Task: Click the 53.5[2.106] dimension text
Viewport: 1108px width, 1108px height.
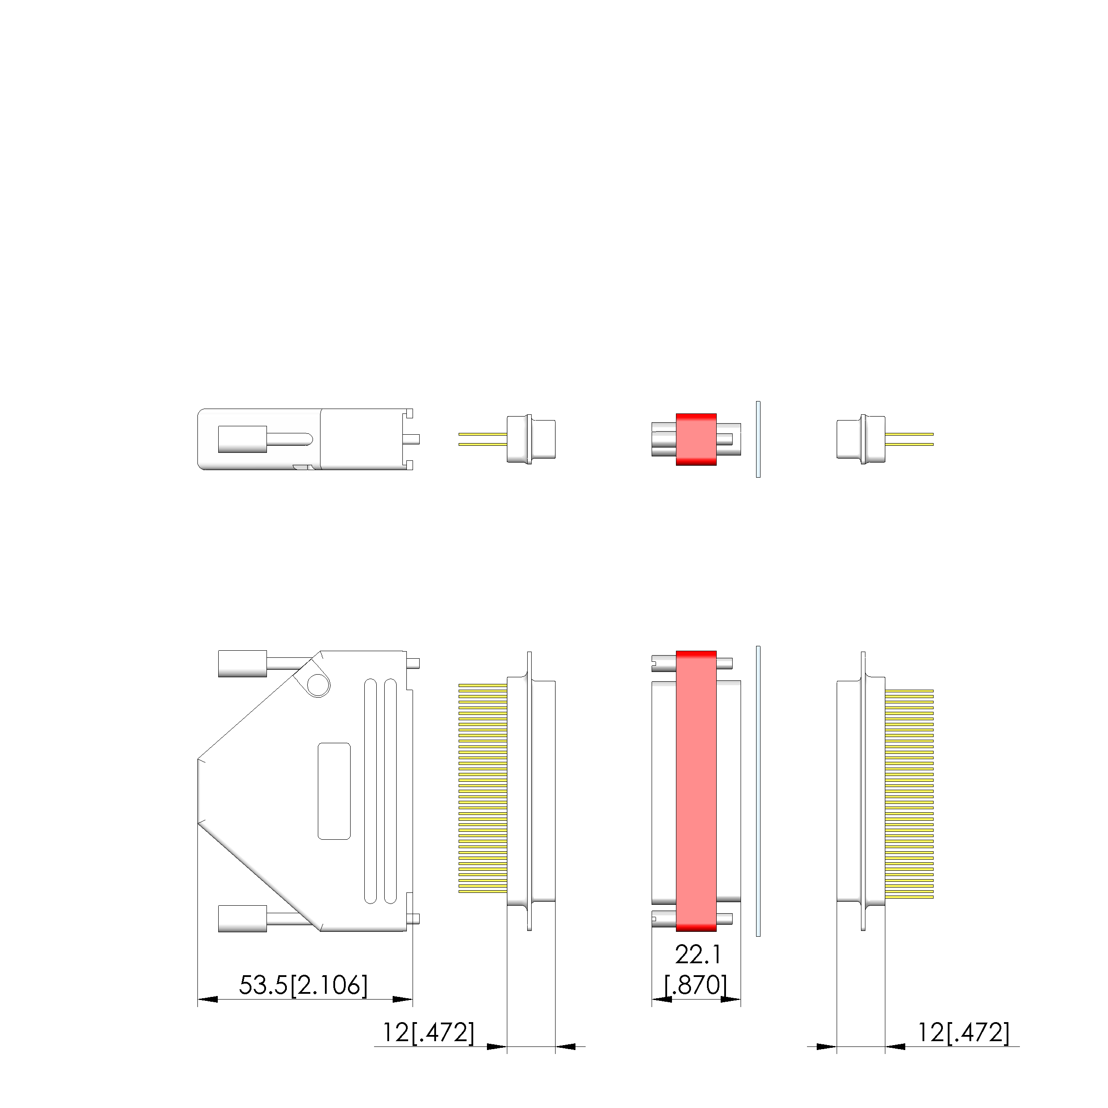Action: (x=303, y=985)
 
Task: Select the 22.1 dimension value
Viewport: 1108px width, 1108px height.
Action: (x=698, y=955)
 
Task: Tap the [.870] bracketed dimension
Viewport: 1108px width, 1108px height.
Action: (x=696, y=985)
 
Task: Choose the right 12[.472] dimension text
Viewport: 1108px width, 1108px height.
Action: (x=964, y=1033)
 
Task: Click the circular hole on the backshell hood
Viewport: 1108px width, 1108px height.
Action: (x=318, y=685)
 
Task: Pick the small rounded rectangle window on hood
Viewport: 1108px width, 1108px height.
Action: (x=334, y=791)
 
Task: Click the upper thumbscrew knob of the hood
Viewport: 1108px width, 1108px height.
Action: (x=243, y=664)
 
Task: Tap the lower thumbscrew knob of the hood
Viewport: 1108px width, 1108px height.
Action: (x=243, y=918)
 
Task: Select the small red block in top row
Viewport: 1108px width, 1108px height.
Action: (x=696, y=439)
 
